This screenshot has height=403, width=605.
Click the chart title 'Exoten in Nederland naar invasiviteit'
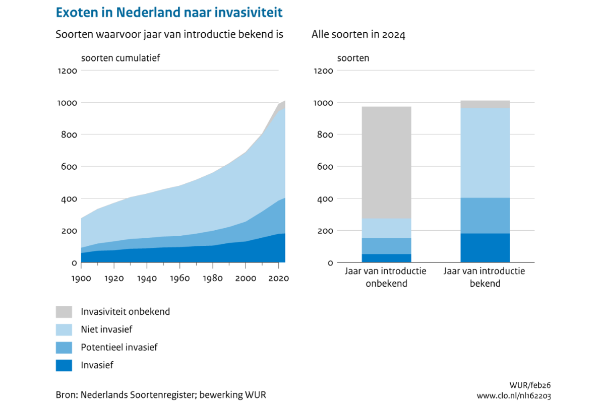[x=169, y=12]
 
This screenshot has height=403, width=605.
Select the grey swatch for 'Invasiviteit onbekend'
[x=64, y=312]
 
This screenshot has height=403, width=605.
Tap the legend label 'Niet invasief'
[x=106, y=329]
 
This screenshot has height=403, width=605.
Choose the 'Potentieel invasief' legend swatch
[x=64, y=348]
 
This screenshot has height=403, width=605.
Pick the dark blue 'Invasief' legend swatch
[x=64, y=365]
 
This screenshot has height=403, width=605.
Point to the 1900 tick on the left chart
[x=81, y=278]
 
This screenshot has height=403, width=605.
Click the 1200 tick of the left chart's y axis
[x=67, y=71]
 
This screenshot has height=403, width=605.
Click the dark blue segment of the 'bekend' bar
[x=485, y=248]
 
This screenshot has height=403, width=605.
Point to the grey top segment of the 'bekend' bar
[x=485, y=104]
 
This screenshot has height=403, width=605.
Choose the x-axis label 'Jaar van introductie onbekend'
[x=386, y=277]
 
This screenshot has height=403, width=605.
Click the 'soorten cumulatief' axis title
[x=120, y=58]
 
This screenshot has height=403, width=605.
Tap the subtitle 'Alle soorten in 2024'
[x=358, y=35]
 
